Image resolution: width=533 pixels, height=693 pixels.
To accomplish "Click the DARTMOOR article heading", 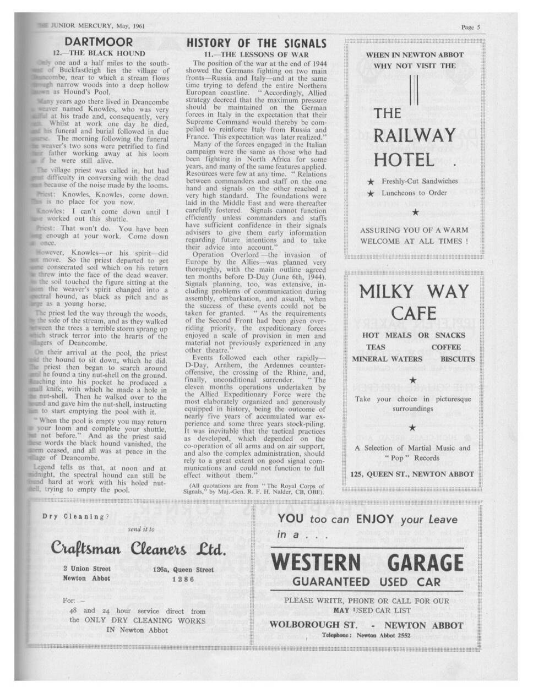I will pyautogui.click(x=99, y=42).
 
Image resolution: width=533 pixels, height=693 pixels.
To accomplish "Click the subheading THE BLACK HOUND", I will pyautogui.click(x=105, y=53).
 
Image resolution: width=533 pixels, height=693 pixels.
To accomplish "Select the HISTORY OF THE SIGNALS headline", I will pyautogui.click(x=257, y=43).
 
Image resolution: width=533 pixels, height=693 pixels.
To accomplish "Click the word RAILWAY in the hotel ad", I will pyautogui.click(x=415, y=135).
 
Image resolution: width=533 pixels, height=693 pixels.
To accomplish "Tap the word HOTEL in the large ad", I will pyautogui.click(x=404, y=160).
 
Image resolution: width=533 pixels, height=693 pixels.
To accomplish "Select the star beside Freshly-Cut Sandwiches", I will pyautogui.click(x=371, y=181).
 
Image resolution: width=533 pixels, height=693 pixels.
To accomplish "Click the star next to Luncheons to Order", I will pyautogui.click(x=371, y=193).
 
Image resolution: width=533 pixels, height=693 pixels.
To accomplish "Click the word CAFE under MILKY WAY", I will pyautogui.click(x=414, y=314).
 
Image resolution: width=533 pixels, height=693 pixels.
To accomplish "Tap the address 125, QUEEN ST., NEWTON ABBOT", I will pyautogui.click(x=412, y=474).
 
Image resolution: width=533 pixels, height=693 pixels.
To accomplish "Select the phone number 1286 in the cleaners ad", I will pyautogui.click(x=183, y=579).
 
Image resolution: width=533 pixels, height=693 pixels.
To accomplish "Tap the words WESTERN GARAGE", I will pyautogui.click(x=367, y=563).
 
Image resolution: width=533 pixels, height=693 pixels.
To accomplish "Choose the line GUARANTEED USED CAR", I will pyautogui.click(x=367, y=582).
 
